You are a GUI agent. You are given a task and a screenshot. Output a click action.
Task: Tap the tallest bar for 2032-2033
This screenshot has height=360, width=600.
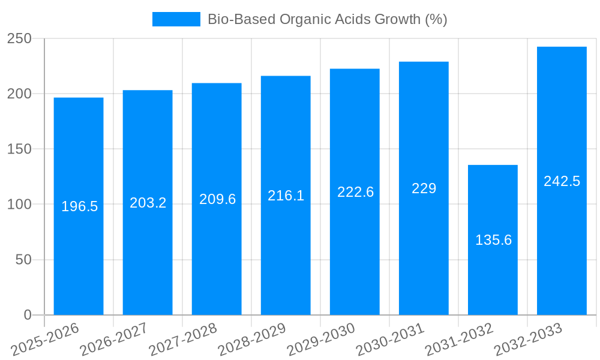562,240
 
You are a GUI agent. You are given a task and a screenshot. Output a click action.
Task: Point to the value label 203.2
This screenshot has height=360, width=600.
148,203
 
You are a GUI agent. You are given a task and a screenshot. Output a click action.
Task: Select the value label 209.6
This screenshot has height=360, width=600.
217,199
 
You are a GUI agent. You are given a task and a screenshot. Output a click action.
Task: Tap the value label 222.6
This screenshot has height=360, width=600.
355,192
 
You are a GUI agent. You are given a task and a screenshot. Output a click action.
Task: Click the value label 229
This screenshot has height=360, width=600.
424,188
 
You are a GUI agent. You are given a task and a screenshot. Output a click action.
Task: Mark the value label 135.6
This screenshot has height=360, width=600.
493,240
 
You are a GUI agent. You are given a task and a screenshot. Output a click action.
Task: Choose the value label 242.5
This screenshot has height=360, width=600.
562,181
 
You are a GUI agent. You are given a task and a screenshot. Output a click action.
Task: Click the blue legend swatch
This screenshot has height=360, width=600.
176,19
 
